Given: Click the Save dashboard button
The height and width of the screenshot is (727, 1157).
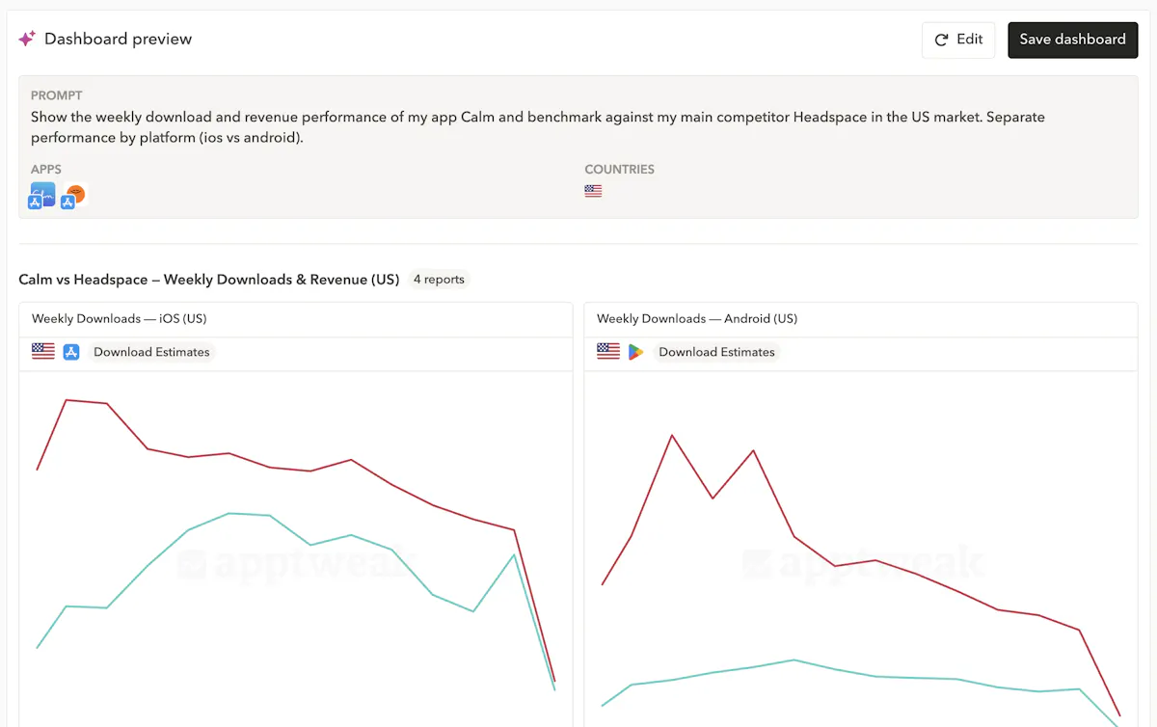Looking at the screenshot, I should (x=1072, y=40).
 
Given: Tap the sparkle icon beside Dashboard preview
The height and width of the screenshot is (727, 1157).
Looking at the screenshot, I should (x=27, y=39).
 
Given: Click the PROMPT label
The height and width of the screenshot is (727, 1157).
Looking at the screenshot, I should (x=56, y=95).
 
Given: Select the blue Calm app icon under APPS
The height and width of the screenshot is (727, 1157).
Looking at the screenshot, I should (x=42, y=195).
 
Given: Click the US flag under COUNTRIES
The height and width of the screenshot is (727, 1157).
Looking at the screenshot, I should (x=593, y=191).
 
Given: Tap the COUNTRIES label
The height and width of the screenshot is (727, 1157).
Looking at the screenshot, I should (x=619, y=169).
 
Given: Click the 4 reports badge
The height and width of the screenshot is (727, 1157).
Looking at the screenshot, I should (x=439, y=280).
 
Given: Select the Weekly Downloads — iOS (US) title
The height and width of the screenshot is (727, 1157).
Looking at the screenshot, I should (x=119, y=318).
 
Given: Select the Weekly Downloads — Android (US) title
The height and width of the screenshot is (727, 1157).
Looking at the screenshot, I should (x=696, y=318).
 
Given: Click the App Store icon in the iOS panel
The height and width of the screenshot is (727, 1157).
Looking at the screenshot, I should (x=71, y=352).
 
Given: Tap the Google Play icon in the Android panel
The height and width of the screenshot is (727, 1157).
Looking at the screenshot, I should (x=635, y=352).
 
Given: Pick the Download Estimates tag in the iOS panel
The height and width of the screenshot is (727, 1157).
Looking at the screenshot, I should (x=151, y=352).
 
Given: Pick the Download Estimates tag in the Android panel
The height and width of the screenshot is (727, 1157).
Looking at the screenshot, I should (x=716, y=352).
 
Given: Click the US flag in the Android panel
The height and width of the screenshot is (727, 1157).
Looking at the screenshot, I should (x=608, y=352).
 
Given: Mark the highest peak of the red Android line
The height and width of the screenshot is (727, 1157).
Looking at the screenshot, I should (x=672, y=435).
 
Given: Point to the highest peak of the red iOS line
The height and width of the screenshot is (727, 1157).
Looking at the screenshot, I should (x=66, y=399).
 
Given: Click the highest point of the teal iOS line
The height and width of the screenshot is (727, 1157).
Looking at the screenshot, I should (x=229, y=513).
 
